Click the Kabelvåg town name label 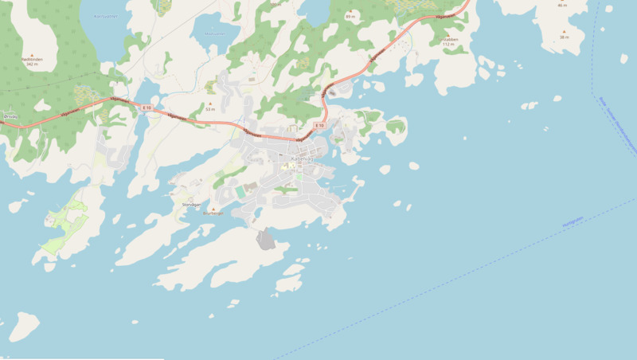tap(303, 158)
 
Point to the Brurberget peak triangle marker tap(213, 208)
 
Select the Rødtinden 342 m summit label tap(33, 61)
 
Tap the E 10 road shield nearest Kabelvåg tap(319, 125)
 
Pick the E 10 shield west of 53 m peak tap(146, 108)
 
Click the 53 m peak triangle tap(210, 104)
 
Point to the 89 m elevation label tap(350, 16)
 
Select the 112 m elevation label tap(449, 44)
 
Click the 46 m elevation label tap(562, 5)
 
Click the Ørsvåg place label tap(10, 116)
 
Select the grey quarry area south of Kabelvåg tap(265, 238)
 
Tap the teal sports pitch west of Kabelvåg tap(240, 192)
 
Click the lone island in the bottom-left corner tap(24, 327)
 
